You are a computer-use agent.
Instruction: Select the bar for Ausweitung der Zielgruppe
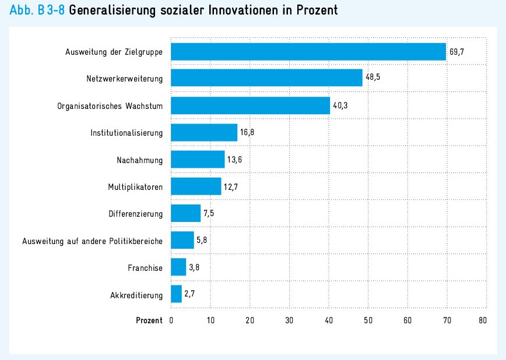coord(308,52)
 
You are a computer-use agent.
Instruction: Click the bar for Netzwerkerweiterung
coord(266,78)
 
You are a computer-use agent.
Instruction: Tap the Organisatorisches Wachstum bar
coord(250,106)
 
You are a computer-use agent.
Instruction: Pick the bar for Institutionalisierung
coord(204,133)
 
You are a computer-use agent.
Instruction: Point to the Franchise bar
coord(178,267)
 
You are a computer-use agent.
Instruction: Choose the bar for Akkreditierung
coord(176,294)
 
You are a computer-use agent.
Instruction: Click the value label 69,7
coord(456,52)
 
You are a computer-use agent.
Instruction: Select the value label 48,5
coord(373,78)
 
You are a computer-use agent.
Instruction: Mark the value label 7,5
coord(209,213)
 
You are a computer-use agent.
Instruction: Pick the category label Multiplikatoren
coord(135,187)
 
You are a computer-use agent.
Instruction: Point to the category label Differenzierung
coord(135,214)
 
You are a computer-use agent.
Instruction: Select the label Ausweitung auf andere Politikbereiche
coord(92,241)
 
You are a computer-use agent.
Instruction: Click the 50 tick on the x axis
coord(368,320)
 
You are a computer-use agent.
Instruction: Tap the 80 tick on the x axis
coord(482,320)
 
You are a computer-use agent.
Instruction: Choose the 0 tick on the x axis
coord(171,320)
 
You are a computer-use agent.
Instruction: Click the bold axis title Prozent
coord(149,320)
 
